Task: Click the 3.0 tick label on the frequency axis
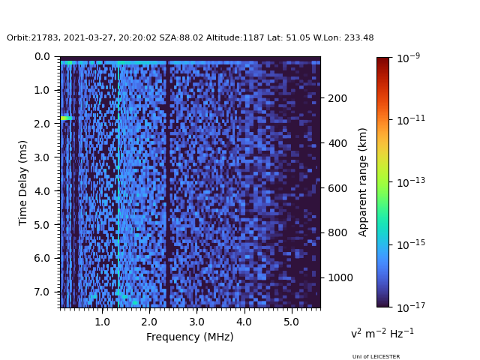click(196, 322)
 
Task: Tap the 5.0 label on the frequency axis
click(291, 322)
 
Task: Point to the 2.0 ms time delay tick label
click(42, 124)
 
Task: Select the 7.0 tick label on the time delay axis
click(42, 292)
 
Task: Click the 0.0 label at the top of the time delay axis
click(42, 57)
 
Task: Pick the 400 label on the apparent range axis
click(337, 143)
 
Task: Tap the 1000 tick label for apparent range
click(340, 277)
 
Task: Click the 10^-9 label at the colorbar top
click(408, 58)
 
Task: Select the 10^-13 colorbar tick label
click(411, 182)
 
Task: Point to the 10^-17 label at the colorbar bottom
click(411, 307)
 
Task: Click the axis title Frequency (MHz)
click(190, 337)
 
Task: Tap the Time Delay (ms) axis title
click(22, 183)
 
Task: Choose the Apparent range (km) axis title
click(362, 182)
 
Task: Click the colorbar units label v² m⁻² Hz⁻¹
click(382, 333)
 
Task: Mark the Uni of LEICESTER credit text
click(376, 357)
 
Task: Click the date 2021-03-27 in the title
click(88, 37)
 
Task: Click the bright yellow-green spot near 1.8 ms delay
click(67, 118)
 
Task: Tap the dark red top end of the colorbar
click(382, 60)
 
